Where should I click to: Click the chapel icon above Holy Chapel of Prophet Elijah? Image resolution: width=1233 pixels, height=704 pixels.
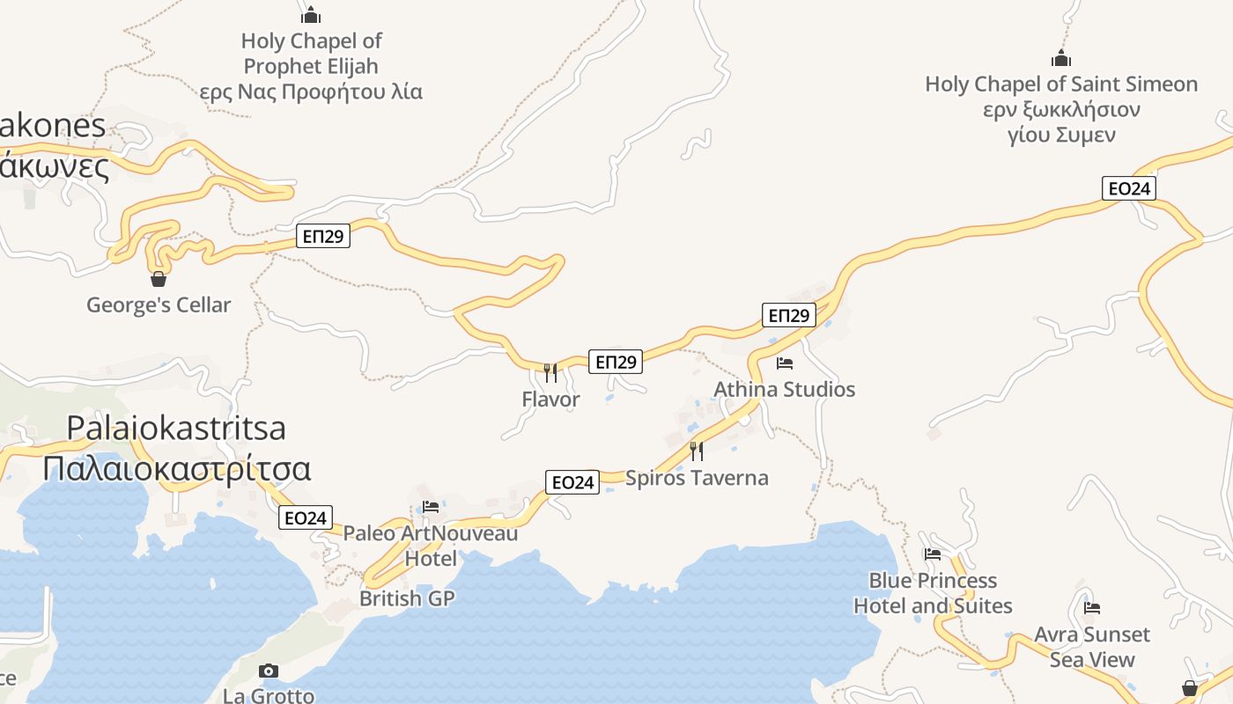pos(311,15)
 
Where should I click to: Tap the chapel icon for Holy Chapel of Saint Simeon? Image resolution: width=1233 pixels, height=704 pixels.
pos(1061,59)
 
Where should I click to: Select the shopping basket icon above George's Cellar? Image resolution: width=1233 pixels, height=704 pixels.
pos(159,279)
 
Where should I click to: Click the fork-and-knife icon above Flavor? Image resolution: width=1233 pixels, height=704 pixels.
pos(550,373)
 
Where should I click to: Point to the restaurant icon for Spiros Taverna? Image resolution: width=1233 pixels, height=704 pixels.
pos(697,451)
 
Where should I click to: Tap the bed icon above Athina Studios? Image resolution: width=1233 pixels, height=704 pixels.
pos(785,363)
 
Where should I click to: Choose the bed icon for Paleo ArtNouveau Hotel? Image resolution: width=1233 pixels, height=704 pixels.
pos(431,507)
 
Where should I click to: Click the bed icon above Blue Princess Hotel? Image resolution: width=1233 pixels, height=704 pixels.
pos(933,554)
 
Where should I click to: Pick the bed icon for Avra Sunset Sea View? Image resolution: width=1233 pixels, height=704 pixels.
pos(1092,608)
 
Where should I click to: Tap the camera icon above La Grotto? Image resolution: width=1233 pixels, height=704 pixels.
pos(269,671)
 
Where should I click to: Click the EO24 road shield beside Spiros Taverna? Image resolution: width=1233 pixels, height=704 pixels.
pos(572,482)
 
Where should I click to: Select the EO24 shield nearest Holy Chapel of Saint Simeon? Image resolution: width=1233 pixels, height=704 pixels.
pos(1129,188)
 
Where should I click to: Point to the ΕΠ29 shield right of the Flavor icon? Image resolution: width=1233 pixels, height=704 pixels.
pos(616,362)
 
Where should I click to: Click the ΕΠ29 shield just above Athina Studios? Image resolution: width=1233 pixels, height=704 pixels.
pos(789,315)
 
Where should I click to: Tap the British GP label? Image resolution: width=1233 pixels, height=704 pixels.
pos(407,599)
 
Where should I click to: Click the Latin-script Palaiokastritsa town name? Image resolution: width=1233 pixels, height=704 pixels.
pos(176,429)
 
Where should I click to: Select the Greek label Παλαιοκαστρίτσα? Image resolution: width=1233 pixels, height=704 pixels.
pos(176,468)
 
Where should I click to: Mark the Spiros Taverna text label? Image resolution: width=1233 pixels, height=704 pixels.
pos(697,478)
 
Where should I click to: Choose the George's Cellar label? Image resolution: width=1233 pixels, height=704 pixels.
pos(159,305)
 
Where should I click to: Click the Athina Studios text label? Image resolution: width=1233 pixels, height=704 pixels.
pos(785,389)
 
